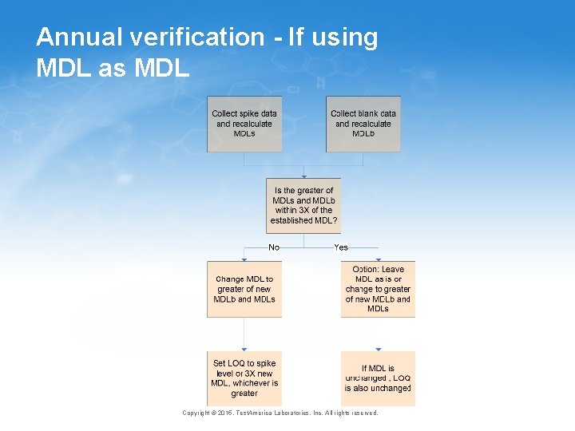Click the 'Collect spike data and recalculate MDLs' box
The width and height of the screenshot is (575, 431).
pos(244,124)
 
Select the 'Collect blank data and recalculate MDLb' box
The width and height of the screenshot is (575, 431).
pos(363,124)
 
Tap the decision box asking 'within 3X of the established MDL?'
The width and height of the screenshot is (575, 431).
pos(303,205)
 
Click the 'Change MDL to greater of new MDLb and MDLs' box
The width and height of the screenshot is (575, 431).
pos(244,289)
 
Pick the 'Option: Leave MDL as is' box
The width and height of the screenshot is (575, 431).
pos(378,289)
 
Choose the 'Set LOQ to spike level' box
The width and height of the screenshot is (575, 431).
pos(244,378)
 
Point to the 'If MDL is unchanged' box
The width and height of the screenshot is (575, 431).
pos(378,378)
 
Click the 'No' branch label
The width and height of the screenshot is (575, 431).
pos(274,247)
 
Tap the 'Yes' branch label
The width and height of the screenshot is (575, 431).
pos(341,247)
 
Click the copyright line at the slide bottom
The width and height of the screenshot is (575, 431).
pos(280,413)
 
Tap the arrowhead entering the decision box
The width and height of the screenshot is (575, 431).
pos(303,176)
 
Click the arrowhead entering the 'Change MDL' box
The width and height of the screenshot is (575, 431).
pos(244,259)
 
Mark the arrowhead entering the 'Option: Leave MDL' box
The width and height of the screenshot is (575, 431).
pos(378,259)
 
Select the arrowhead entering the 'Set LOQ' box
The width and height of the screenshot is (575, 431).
pos(244,350)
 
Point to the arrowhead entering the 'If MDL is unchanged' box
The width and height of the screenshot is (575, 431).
pos(378,350)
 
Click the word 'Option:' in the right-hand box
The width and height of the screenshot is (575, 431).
pos(367,270)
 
